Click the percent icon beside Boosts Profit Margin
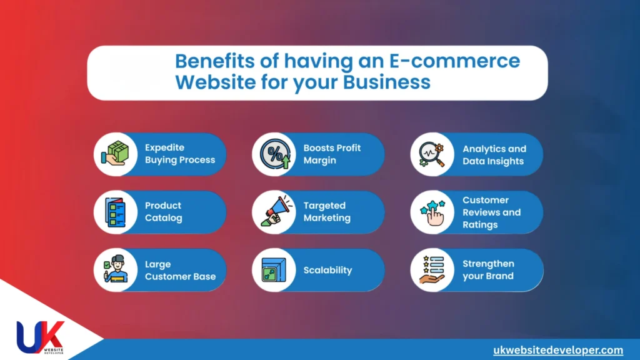pyautogui.click(x=273, y=154)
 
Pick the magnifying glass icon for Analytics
pyautogui.click(x=432, y=154)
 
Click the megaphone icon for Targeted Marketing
pyautogui.click(x=273, y=212)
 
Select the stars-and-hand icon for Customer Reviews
pyautogui.click(x=432, y=212)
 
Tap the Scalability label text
pyautogui.click(x=327, y=271)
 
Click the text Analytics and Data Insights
pyautogui.click(x=494, y=155)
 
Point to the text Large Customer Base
pyautogui.click(x=179, y=270)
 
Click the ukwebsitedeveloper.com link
pyautogui.click(x=557, y=350)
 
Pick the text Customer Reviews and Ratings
pyautogui.click(x=491, y=212)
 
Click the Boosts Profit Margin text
pyautogui.click(x=332, y=154)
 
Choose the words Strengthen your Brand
pyautogui.click(x=488, y=270)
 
